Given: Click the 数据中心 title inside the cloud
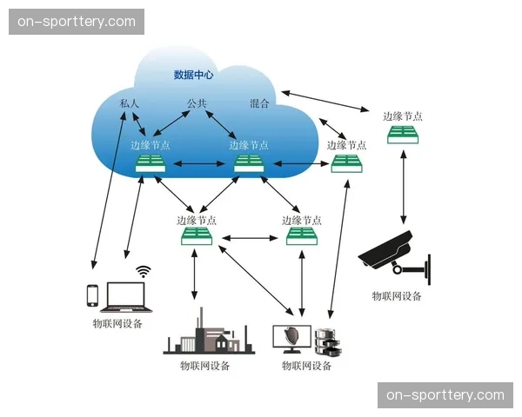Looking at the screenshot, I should tap(193, 76).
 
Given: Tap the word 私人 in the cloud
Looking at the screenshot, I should tap(129, 103).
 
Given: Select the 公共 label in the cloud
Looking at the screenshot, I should tap(197, 103).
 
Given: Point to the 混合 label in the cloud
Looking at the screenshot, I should tap(259, 103).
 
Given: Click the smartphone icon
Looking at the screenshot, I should tap(92, 295).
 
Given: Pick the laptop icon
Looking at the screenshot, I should tap(128, 297).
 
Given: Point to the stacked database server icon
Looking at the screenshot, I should tap(327, 341).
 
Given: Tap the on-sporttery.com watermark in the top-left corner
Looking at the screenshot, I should tap(77, 22).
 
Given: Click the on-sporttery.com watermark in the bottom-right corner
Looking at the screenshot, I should tap(445, 395).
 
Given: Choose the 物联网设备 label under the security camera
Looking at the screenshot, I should tap(397, 296).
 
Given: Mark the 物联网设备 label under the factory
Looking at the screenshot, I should tap(205, 366).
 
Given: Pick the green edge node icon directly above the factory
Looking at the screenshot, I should tap(197, 236).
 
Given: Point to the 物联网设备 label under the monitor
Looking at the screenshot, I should tap(307, 366).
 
